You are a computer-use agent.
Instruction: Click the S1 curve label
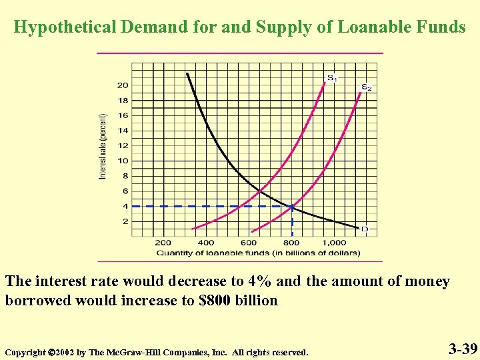tap(331, 78)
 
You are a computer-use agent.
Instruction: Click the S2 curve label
tap(367, 87)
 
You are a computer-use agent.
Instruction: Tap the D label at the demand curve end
tap(364, 229)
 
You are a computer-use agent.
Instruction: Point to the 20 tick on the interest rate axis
tap(123, 85)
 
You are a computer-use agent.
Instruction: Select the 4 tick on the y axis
tap(125, 206)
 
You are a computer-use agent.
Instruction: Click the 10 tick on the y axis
tap(123, 161)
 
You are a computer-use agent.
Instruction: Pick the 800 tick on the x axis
tap(292, 243)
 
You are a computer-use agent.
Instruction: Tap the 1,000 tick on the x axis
tap(335, 243)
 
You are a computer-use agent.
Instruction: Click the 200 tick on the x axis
tap(163, 243)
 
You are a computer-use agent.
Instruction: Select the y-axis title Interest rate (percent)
tap(103, 145)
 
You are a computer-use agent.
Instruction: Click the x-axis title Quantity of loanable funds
tap(258, 253)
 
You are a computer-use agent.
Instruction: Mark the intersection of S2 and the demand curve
tap(292, 206)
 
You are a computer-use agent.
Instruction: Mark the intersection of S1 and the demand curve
tap(259, 192)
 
